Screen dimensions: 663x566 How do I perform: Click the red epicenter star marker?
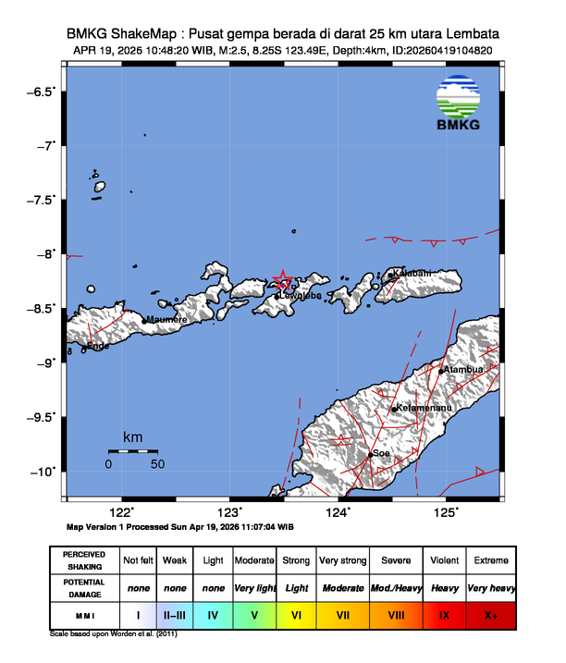[x=284, y=281]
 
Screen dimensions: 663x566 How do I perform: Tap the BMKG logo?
[x=459, y=103]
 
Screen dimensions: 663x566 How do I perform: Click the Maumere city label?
[x=168, y=320]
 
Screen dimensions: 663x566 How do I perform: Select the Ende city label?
[x=98, y=346]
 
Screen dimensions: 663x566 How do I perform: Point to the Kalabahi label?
[x=412, y=274]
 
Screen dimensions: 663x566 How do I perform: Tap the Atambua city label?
[x=463, y=370]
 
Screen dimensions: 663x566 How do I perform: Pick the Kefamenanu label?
[x=424, y=408]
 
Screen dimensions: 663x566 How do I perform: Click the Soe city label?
[x=381, y=454]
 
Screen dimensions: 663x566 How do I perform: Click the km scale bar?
[x=132, y=451]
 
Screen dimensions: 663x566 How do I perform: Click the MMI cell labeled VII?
[x=342, y=614]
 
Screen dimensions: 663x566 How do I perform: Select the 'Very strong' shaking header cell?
[x=342, y=560]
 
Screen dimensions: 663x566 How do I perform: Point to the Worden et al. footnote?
[x=114, y=634]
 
